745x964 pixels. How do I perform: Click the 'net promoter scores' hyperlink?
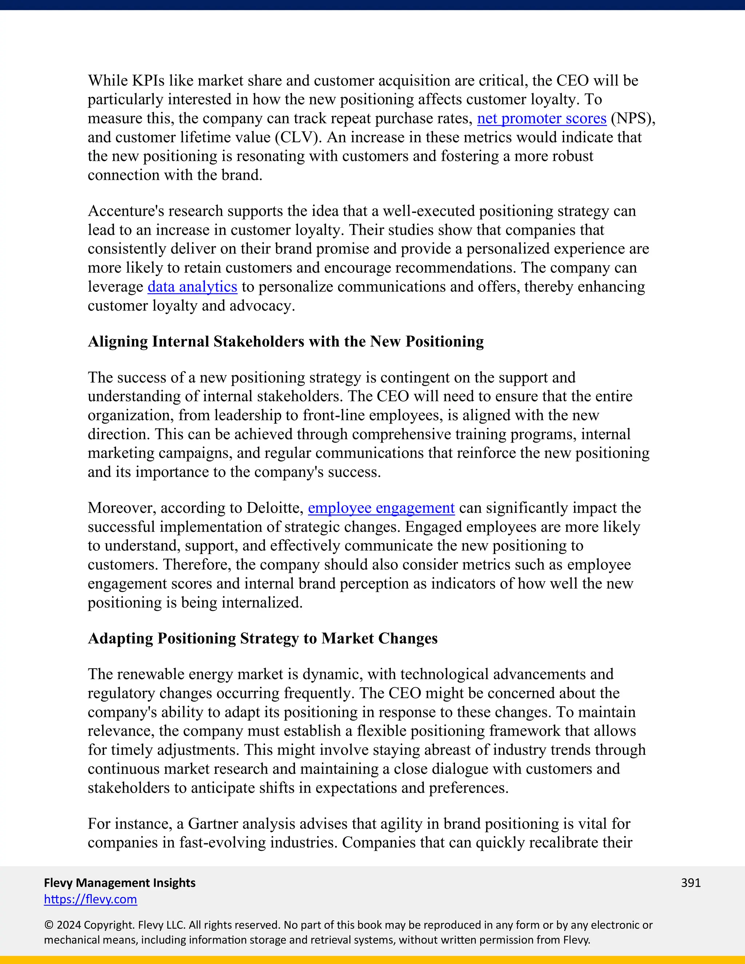pos(542,118)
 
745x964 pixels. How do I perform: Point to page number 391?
pos(691,883)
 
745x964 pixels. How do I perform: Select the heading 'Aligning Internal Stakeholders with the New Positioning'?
pos(286,342)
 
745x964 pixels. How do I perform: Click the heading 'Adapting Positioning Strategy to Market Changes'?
pos(263,638)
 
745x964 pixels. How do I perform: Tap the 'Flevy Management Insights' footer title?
pos(120,883)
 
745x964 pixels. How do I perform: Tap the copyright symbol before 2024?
pos(48,925)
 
